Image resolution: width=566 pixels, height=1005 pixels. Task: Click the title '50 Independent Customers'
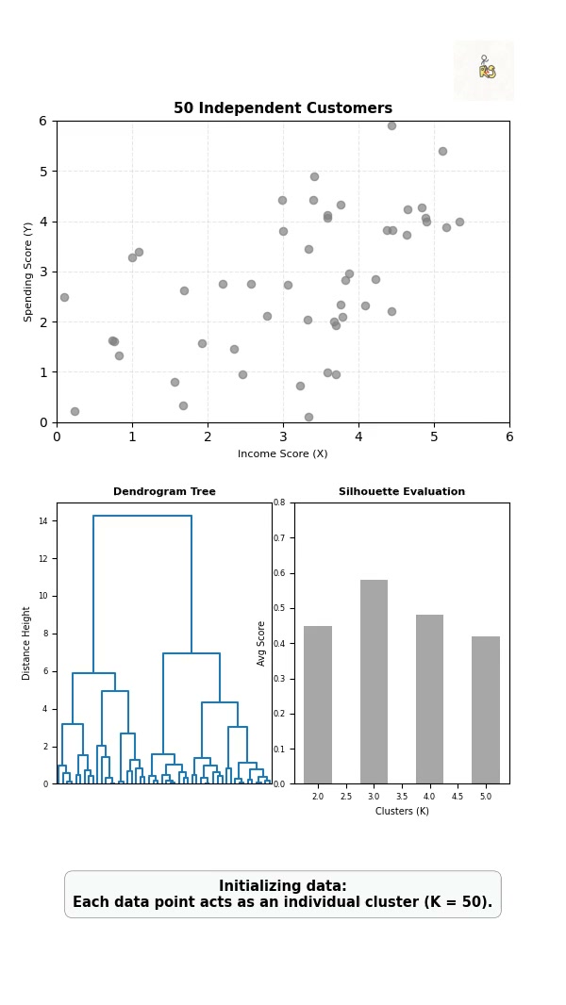tap(283, 108)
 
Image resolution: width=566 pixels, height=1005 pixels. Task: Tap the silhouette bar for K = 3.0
tap(374, 682)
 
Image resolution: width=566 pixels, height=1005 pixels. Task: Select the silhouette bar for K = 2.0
tap(318, 705)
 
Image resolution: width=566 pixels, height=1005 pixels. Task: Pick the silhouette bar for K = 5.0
tap(486, 710)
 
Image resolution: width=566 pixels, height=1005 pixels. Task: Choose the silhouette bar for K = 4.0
tap(429, 700)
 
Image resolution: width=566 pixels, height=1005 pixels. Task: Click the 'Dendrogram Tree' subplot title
tap(165, 491)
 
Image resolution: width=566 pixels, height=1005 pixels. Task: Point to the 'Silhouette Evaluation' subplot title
tap(402, 491)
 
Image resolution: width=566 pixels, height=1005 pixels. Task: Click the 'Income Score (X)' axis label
tap(283, 453)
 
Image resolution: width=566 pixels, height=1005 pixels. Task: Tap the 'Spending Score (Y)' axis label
tap(27, 272)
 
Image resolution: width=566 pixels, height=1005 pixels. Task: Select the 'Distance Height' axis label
tap(26, 644)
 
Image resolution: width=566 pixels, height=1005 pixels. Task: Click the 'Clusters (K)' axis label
tap(402, 811)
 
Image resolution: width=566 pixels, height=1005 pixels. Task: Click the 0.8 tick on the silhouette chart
tap(279, 503)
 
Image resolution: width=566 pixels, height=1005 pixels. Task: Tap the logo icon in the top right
tap(484, 71)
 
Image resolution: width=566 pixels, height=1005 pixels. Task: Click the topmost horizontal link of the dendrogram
tap(142, 516)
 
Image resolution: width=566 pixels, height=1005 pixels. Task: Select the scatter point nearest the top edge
tap(391, 125)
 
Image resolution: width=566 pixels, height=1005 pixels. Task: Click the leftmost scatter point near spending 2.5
tap(64, 297)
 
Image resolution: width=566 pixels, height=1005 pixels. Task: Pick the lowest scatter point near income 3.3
tap(308, 418)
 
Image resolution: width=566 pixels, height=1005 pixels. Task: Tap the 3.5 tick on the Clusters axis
tap(402, 796)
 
